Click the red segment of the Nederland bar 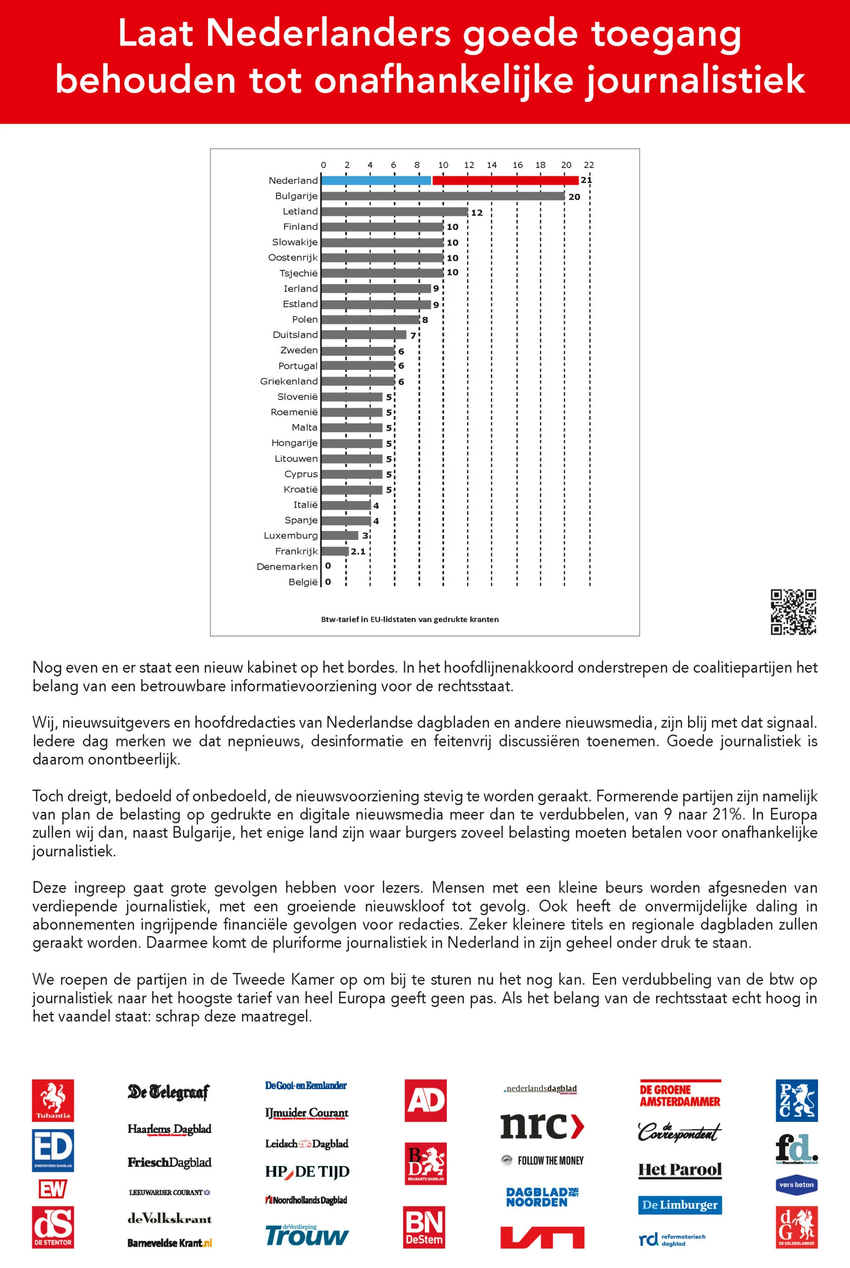point(505,180)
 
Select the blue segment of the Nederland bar point(376,180)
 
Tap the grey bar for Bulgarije point(443,196)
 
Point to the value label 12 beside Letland point(477,212)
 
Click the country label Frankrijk point(296,551)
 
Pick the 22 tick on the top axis point(589,165)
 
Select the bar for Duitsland point(364,335)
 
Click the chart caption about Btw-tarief point(410,619)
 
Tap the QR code point(793,612)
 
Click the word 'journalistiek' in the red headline point(695,81)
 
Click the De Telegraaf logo point(168,1091)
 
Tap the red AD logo point(425,1100)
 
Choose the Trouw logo point(307,1235)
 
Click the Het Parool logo point(680,1169)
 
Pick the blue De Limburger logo point(680,1205)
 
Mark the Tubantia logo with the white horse point(53,1100)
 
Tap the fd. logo point(796,1148)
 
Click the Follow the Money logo point(542,1161)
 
